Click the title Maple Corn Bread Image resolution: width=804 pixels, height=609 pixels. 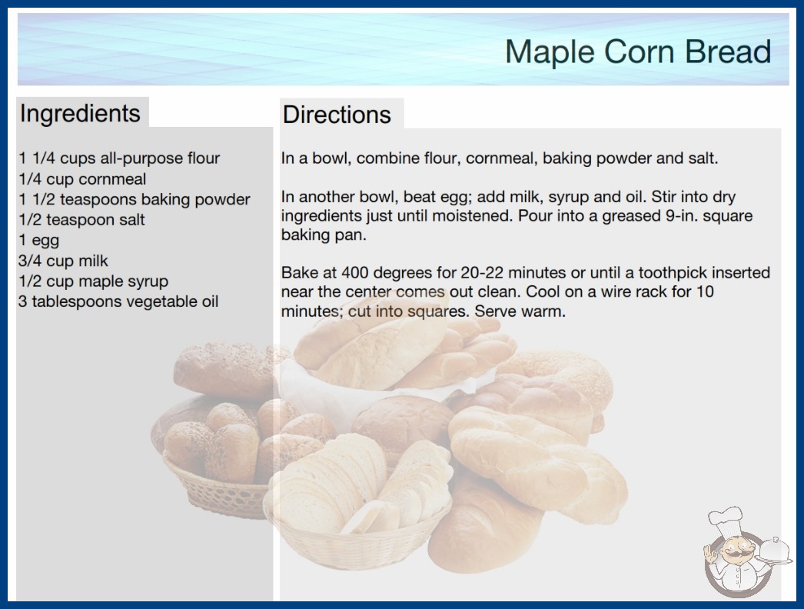638,52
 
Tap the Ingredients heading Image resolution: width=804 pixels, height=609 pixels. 80,114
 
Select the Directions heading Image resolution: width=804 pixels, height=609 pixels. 337,115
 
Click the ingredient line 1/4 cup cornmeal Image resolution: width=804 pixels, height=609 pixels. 82,179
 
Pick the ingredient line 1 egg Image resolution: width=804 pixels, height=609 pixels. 39,241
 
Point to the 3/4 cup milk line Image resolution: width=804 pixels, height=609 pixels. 63,261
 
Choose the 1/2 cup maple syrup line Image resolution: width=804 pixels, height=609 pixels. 93,281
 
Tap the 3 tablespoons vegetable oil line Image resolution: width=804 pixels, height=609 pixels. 118,301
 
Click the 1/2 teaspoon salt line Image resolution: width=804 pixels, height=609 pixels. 81,220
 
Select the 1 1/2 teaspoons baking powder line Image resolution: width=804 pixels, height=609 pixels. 135,200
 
